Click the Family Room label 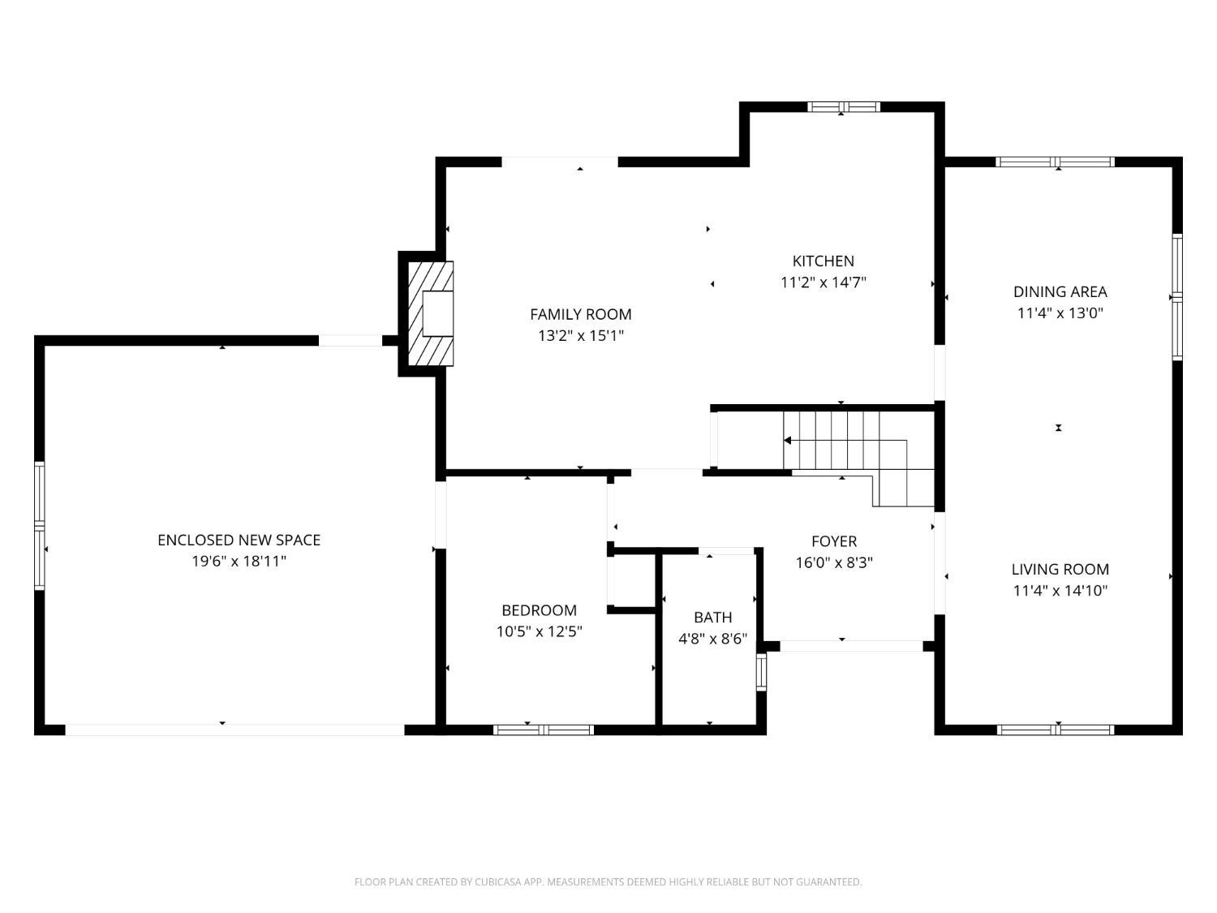580,314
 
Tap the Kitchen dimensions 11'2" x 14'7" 823,282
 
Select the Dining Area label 1060,291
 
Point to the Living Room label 1060,569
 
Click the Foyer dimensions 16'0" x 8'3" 833,562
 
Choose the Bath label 712,618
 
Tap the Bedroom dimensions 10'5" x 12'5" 539,631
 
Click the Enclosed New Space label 239,540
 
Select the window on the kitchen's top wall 843,107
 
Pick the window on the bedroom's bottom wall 544,730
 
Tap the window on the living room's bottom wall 1055,730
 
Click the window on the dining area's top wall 1055,161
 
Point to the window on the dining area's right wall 1176,297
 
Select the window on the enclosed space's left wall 39,525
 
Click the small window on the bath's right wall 761,671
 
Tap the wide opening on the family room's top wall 560,161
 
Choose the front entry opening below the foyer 850,646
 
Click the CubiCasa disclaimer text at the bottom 608,882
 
